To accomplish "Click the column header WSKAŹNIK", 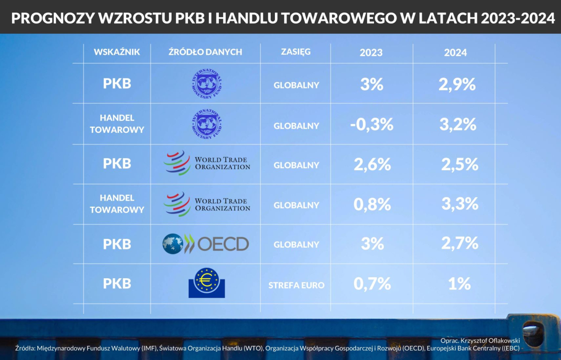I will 117,52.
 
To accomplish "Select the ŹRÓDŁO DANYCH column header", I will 205,52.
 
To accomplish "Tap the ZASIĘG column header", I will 296,51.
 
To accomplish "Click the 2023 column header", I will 371,52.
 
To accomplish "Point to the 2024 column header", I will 455,52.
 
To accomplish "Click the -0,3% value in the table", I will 372,124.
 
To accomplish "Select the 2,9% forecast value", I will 457,85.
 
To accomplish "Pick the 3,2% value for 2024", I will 458,124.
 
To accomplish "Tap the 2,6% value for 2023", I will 372,164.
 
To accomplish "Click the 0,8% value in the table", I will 372,204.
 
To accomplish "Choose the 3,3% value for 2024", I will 460,204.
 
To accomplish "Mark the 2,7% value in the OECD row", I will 460,243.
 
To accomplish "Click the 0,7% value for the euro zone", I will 372,283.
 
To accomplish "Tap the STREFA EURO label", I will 296,285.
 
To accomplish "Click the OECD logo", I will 205,244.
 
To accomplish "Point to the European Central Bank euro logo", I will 206,283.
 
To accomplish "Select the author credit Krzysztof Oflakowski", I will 480,341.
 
